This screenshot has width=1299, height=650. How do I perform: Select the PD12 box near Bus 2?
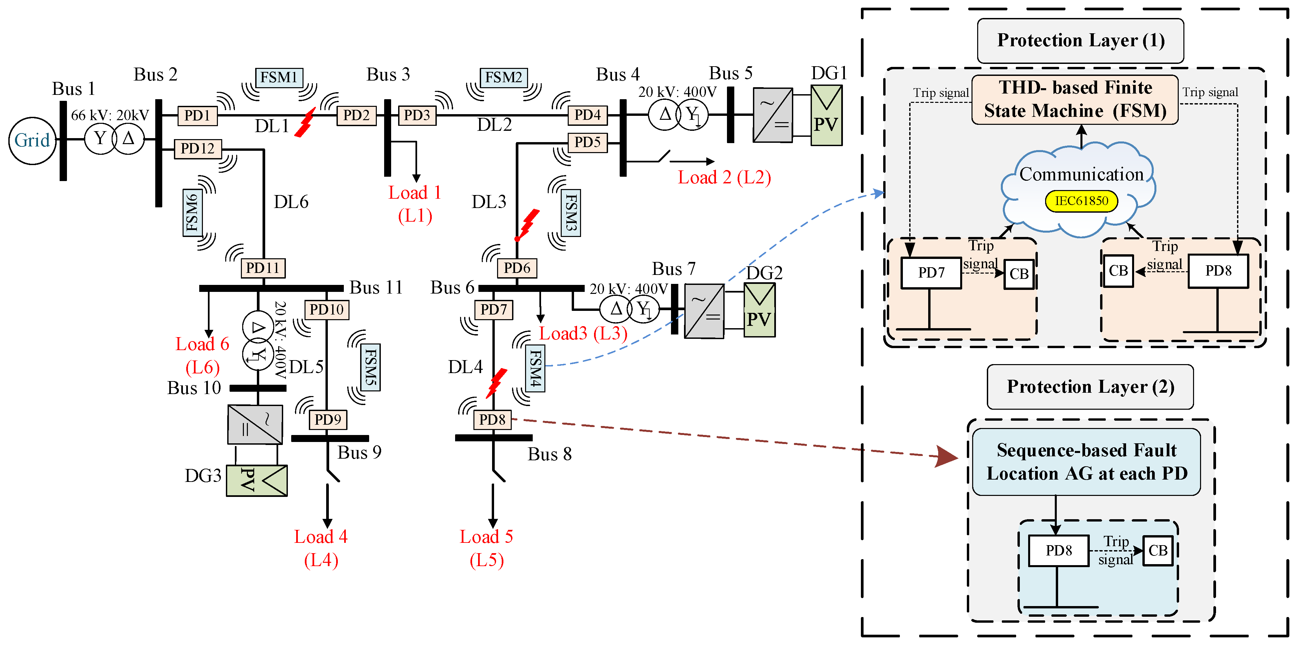point(198,149)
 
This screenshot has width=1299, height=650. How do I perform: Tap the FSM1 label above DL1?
point(279,78)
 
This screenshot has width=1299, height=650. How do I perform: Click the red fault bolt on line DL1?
point(305,122)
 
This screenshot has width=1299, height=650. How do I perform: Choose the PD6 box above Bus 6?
point(517,268)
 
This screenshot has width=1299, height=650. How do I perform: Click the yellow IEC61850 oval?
point(1081,201)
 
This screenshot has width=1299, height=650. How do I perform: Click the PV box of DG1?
point(826,115)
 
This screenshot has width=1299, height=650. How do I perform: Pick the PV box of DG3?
point(257,481)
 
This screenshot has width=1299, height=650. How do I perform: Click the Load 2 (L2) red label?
point(724,177)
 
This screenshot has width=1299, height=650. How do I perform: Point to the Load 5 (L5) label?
point(486,548)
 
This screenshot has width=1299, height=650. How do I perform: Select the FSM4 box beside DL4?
point(535,369)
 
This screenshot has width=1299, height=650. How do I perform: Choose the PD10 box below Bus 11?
point(326,310)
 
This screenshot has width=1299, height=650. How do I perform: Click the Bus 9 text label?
point(359,453)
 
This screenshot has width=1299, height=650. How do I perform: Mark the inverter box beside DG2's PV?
point(704,311)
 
